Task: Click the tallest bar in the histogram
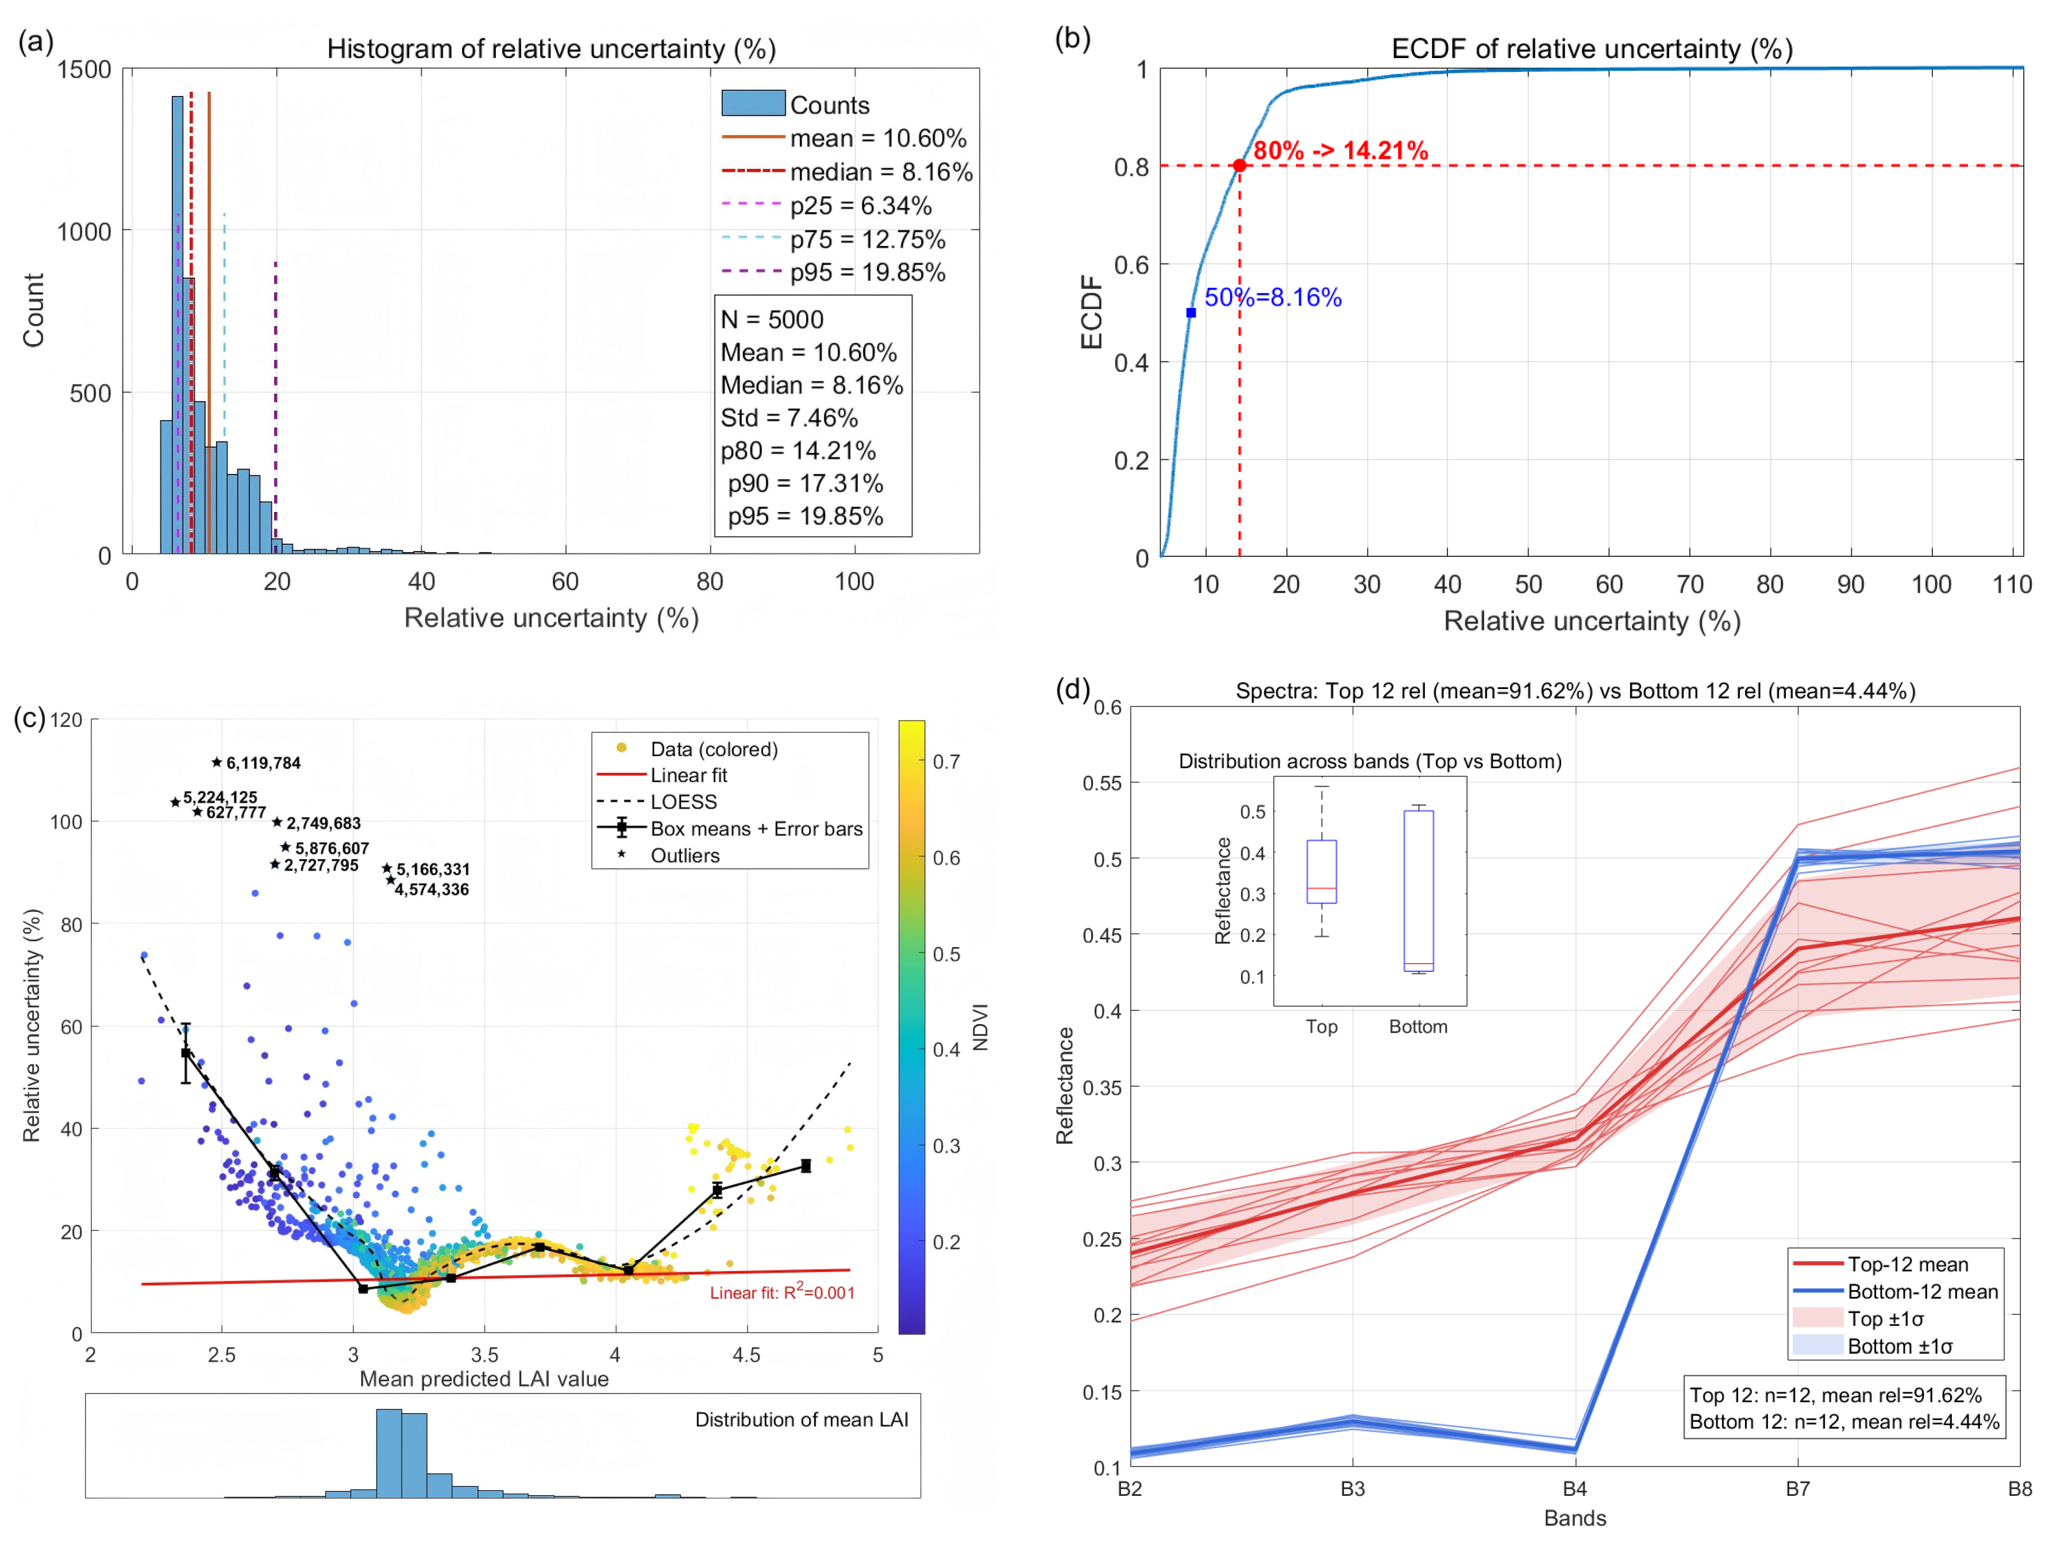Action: (x=177, y=324)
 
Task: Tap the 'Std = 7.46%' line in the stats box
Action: (x=789, y=418)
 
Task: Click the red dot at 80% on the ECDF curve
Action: (x=1239, y=166)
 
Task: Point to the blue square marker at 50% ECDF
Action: (x=1191, y=313)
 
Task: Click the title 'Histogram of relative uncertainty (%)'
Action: (x=551, y=49)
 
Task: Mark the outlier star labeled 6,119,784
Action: (x=217, y=763)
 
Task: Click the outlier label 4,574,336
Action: (x=432, y=889)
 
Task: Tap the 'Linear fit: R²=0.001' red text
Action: (x=782, y=1292)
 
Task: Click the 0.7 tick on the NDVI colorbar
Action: (x=946, y=761)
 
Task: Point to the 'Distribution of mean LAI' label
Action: (x=801, y=1419)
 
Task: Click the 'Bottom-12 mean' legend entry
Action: (x=1922, y=1291)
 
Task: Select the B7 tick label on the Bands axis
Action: (x=1798, y=1488)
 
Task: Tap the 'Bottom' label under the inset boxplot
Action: (x=1418, y=1026)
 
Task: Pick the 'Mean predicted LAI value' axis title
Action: (x=484, y=1379)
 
